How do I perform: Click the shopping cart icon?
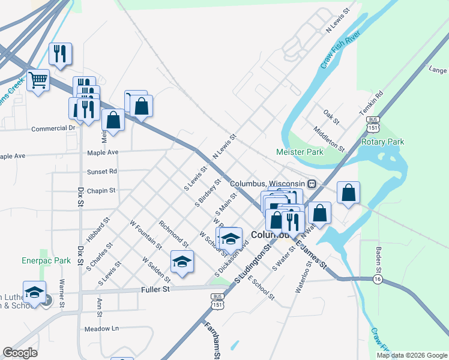coord(38,79)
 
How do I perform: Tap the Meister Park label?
coord(300,152)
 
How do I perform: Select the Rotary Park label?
coord(382,142)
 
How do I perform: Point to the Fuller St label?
coord(157,289)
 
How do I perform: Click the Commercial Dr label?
coord(53,128)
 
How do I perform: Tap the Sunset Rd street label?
coord(101,172)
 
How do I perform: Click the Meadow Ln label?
coord(101,329)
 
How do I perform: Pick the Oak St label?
coord(331,116)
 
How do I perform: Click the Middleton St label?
coord(329,139)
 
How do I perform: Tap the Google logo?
coord(20,353)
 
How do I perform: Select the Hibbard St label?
coord(97,230)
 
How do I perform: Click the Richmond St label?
coord(173,234)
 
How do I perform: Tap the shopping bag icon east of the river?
coord(348,193)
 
